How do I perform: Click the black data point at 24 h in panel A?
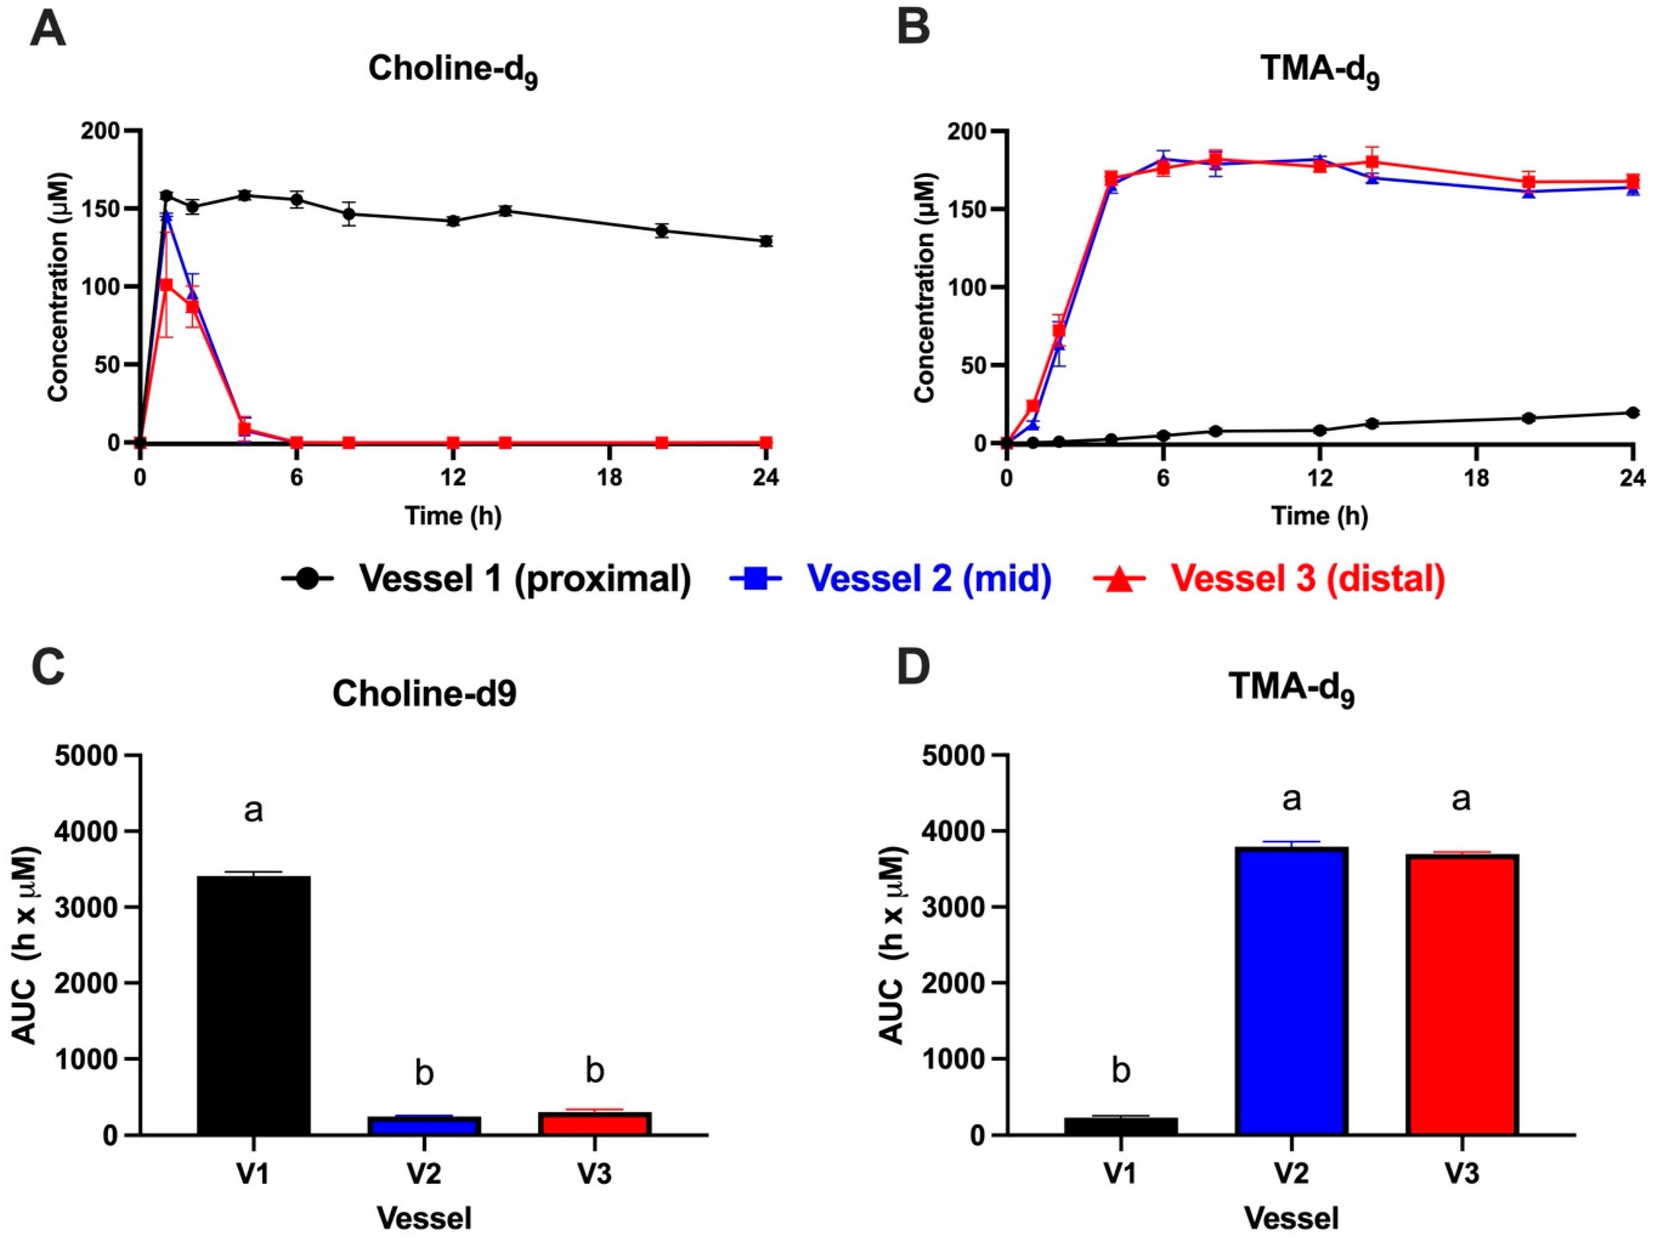pyautogui.click(x=765, y=241)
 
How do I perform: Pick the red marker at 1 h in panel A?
pyautogui.click(x=166, y=285)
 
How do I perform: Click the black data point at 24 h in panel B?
pyautogui.click(x=1633, y=412)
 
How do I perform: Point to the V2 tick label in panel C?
pyautogui.click(x=424, y=1173)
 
